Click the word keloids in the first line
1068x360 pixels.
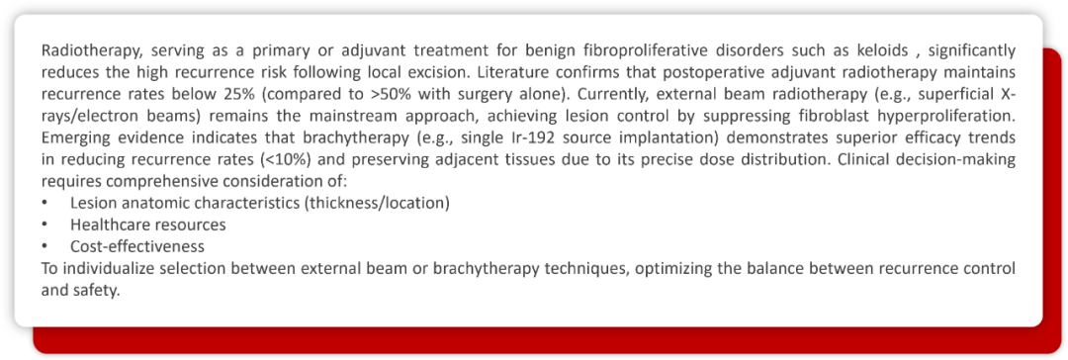coord(883,51)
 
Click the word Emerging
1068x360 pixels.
coord(69,137)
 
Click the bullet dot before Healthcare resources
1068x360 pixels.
coord(44,225)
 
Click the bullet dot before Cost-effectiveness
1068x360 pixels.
coord(44,245)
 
